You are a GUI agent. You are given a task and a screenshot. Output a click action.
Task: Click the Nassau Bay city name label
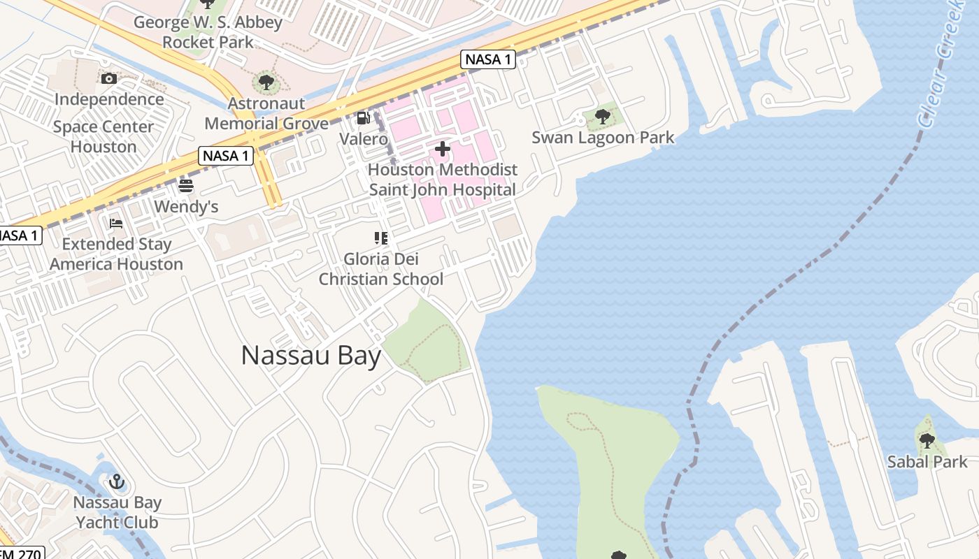(x=311, y=356)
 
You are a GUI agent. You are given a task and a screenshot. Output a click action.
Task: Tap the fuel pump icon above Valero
(x=363, y=118)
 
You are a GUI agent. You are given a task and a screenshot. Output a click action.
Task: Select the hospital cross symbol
(x=442, y=149)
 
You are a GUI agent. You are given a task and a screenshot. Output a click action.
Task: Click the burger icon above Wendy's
(x=186, y=186)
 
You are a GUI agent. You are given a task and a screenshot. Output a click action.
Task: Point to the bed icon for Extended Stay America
(x=116, y=224)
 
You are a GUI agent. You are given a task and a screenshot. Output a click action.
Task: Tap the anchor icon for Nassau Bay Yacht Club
(x=117, y=481)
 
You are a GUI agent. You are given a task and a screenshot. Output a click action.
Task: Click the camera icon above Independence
(x=109, y=78)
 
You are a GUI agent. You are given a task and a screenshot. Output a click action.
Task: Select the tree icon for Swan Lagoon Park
(x=602, y=116)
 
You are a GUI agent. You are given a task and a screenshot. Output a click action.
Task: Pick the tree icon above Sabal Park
(x=927, y=440)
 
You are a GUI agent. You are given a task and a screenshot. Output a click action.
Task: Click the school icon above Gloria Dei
(x=381, y=238)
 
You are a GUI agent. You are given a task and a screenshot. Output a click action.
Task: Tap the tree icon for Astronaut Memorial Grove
(x=266, y=82)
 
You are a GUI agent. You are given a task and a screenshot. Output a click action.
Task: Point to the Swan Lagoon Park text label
(x=603, y=138)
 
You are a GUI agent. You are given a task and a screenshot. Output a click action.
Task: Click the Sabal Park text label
(x=927, y=462)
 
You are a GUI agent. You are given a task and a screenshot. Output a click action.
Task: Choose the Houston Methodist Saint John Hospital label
(x=443, y=180)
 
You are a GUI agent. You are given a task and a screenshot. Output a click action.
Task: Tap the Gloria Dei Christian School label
(x=381, y=269)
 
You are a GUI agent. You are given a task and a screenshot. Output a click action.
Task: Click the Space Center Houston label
(x=103, y=136)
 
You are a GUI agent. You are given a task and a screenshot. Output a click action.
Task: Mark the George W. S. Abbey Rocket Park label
(x=208, y=32)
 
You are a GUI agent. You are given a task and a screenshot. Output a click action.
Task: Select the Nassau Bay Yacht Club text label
(x=117, y=512)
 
